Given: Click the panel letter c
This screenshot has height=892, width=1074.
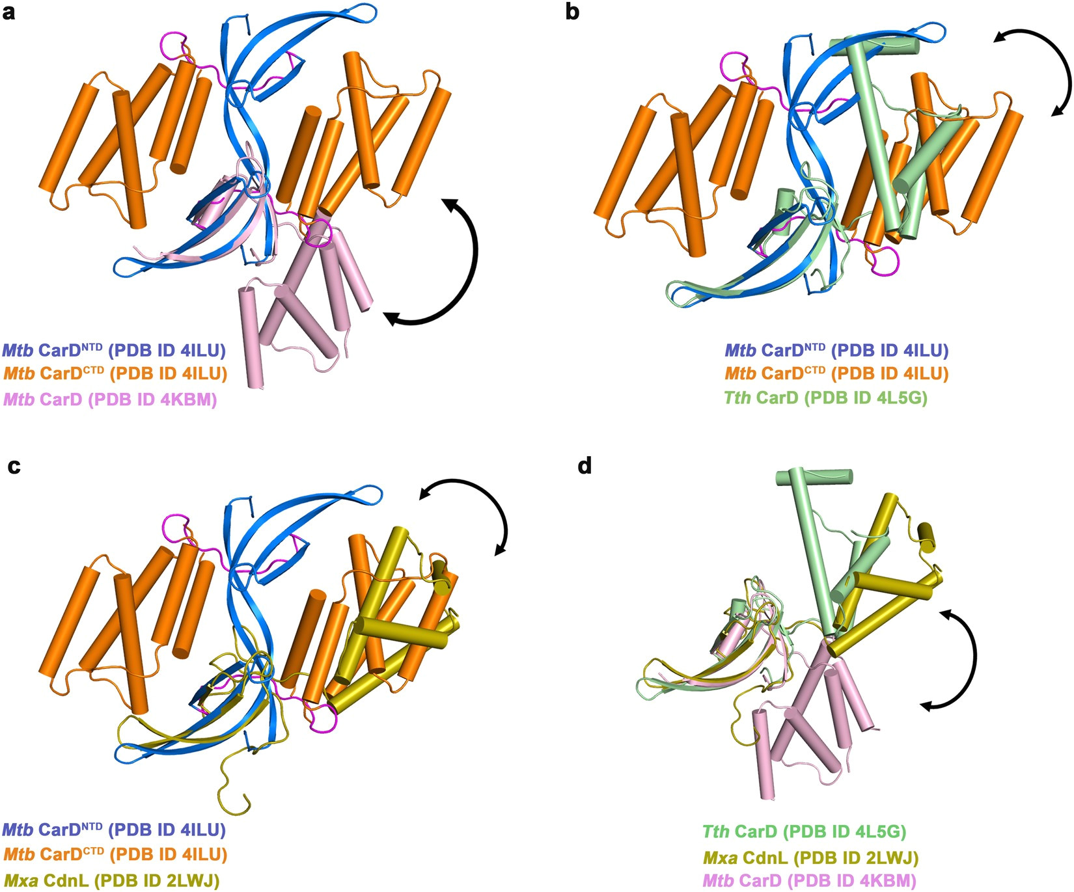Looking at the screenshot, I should coord(13,466).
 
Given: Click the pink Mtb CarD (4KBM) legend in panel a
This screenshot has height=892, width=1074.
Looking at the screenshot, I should coord(110,399).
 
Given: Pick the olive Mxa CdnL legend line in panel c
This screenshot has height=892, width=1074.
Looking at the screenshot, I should coord(111,882).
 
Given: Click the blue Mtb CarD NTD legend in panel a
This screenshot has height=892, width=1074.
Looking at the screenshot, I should coord(114,350).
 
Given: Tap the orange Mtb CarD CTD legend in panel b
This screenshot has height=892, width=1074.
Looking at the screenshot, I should coord(836,373).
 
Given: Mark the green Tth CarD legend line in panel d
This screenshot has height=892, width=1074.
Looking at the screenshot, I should coord(804,831).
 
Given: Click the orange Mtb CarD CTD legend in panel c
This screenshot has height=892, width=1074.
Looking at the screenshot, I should coord(115,854).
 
